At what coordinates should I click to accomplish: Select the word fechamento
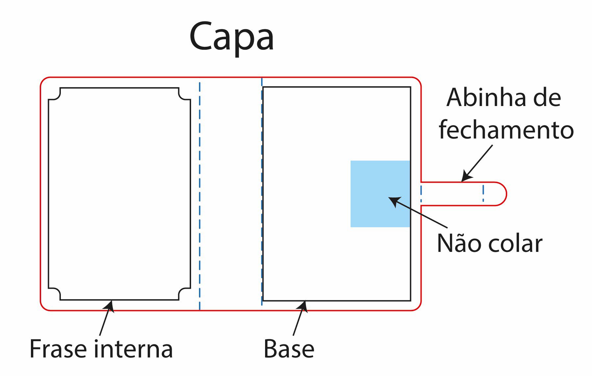(506, 130)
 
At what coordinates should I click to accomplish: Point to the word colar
(515, 244)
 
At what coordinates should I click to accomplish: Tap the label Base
(289, 349)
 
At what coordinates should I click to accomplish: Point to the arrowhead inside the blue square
(394, 201)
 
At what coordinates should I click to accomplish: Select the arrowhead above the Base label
(303, 307)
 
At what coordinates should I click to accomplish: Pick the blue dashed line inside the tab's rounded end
(483, 193)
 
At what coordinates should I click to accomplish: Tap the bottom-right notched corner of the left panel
(185, 294)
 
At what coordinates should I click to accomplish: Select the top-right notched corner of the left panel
(185, 94)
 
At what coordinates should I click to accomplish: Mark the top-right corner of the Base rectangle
(410, 87)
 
